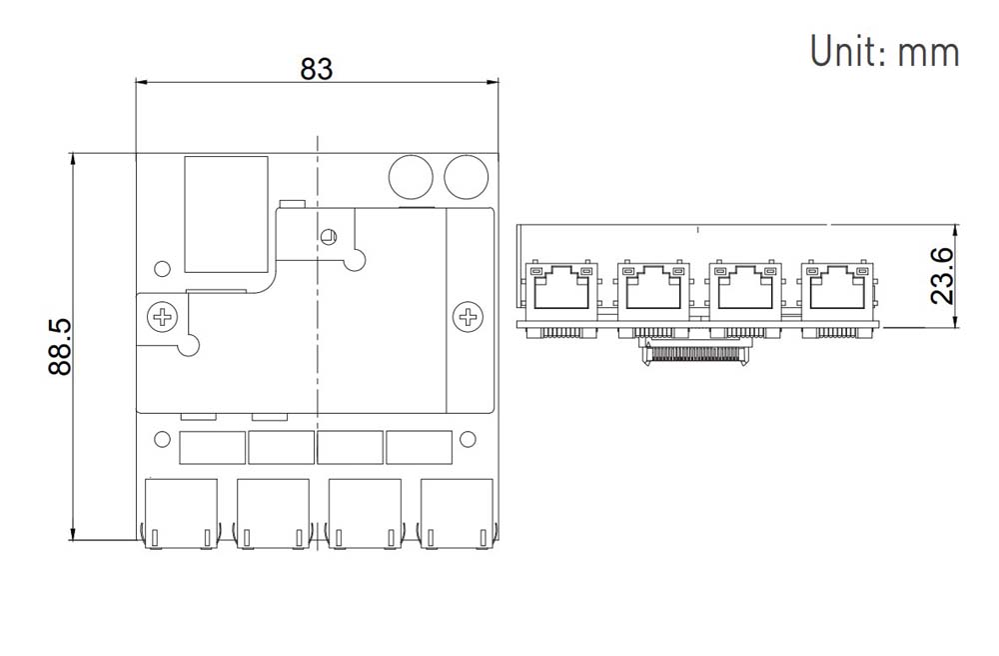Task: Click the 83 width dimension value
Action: [317, 68]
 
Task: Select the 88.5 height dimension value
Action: [59, 347]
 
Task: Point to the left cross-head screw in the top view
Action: [162, 319]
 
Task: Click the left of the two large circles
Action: [410, 176]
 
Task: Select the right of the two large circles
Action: [466, 177]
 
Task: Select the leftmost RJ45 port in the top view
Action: [181, 513]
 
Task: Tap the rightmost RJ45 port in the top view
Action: [457, 513]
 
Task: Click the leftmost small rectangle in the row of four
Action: [212, 447]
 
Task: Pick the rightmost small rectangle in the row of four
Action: [419, 447]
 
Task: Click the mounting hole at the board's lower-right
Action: [466, 439]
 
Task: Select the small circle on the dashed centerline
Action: [327, 237]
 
